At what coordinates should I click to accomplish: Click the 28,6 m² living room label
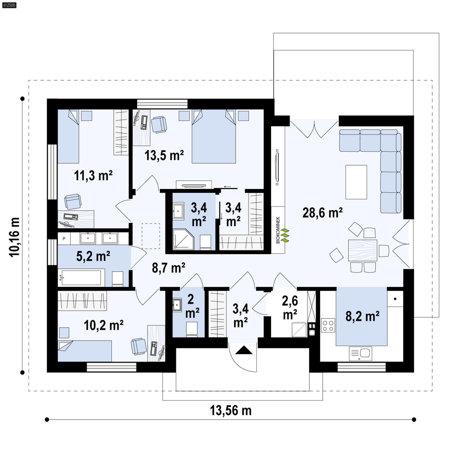(322, 213)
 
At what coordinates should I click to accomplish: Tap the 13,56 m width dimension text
(231, 411)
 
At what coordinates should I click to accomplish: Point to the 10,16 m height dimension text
(15, 237)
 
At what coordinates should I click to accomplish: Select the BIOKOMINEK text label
(278, 230)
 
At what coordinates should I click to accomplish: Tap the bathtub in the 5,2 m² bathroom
(81, 278)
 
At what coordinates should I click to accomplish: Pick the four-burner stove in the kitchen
(328, 325)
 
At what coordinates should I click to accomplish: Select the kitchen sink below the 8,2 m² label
(361, 353)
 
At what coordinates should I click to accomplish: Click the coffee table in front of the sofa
(356, 182)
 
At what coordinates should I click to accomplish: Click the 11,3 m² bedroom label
(93, 176)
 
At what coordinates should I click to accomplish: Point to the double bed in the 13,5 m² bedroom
(214, 138)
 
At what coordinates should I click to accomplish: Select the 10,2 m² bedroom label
(103, 325)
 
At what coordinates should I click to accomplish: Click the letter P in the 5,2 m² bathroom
(64, 238)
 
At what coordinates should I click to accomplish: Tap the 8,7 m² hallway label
(168, 268)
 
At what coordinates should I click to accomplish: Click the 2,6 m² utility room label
(290, 308)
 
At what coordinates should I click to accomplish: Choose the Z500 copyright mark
(9, 5)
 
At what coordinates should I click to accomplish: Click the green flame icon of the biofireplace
(286, 236)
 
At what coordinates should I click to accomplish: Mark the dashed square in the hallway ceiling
(151, 236)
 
